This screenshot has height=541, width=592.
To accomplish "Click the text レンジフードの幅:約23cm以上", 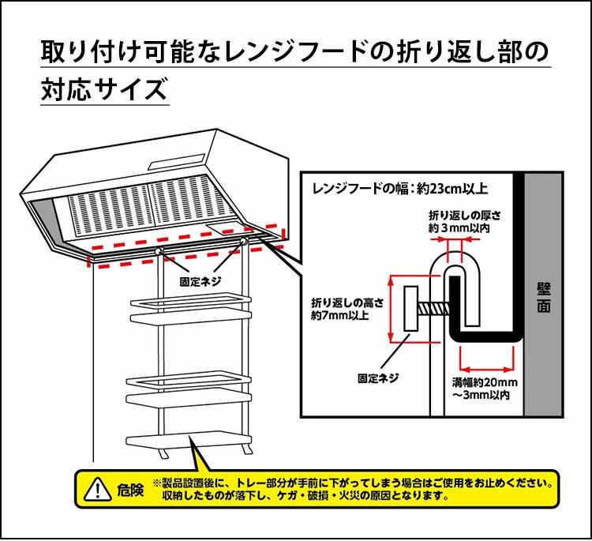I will [400, 189].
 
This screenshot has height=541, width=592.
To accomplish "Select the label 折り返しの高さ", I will [347, 302].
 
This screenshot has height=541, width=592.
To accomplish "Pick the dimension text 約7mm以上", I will [340, 316].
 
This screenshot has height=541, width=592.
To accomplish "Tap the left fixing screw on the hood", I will [162, 250].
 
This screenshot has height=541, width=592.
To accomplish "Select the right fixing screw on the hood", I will [245, 240].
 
